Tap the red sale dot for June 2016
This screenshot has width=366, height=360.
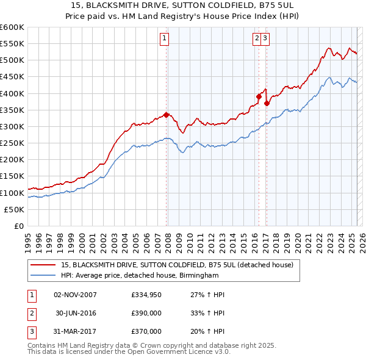click(259, 96)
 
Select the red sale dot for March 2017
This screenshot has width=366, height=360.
click(267, 103)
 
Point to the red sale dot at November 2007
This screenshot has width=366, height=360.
click(166, 115)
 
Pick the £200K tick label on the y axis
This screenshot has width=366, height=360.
click(12, 160)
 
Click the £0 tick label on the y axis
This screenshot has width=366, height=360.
click(19, 226)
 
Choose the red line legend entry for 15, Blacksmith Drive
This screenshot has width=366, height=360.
click(177, 265)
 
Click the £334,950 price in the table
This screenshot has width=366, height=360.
click(146, 295)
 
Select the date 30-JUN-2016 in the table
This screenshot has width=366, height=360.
click(76, 313)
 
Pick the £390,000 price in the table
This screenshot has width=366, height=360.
click(146, 313)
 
